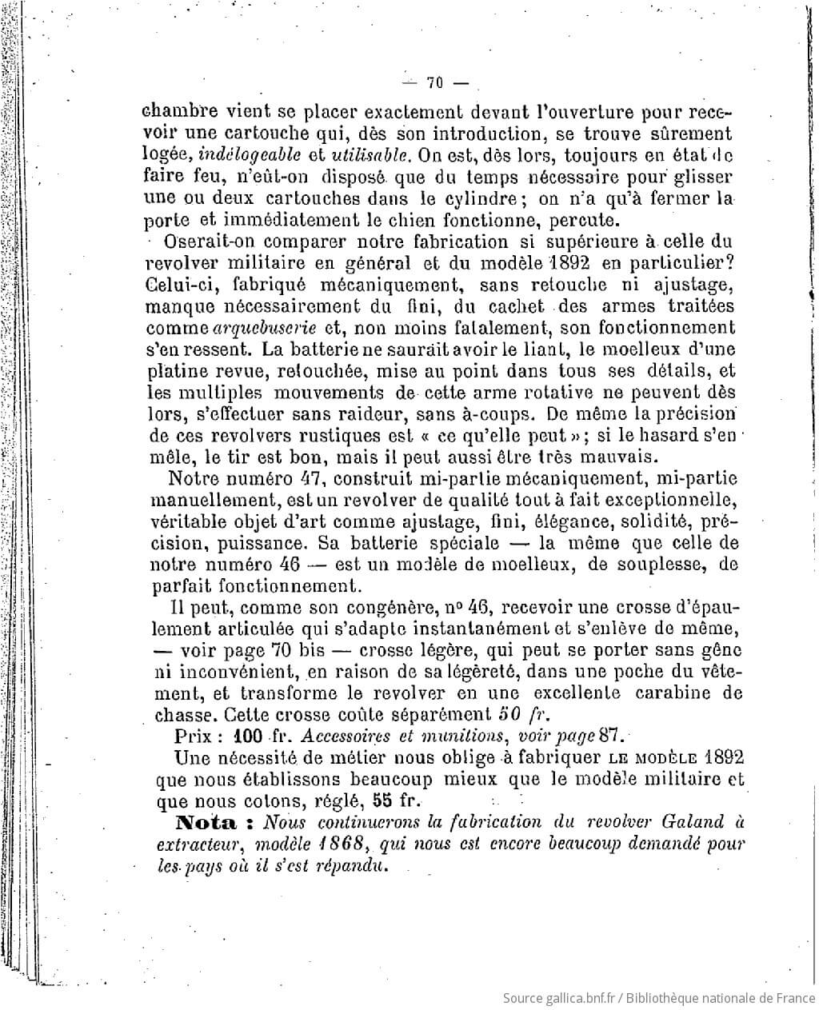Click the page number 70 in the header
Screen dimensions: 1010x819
tap(436, 82)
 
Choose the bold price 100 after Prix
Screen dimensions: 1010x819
tap(252, 735)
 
